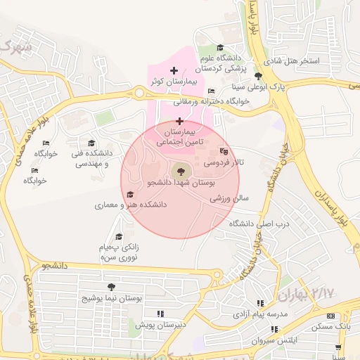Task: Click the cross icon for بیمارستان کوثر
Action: (174, 71)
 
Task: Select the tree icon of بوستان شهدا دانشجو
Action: (180, 171)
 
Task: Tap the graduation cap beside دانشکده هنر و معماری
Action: (129, 195)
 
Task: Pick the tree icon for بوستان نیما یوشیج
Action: (111, 287)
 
